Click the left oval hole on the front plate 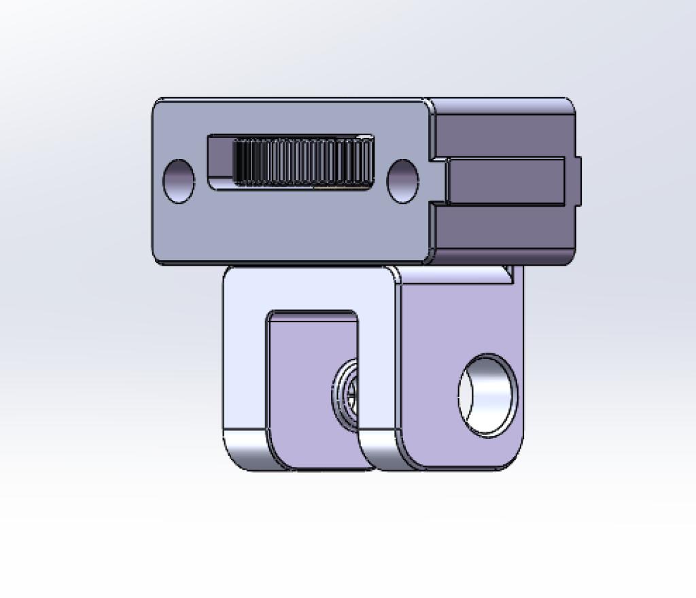click(x=179, y=181)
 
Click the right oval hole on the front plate click(x=402, y=181)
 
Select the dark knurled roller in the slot click(x=302, y=162)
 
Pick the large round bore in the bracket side click(x=488, y=395)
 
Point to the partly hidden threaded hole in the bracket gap click(x=346, y=394)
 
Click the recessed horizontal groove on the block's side click(x=506, y=181)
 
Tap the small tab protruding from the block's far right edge click(x=578, y=181)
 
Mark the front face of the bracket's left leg click(x=243, y=367)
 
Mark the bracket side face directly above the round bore click(x=462, y=313)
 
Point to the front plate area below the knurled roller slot click(x=292, y=224)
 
